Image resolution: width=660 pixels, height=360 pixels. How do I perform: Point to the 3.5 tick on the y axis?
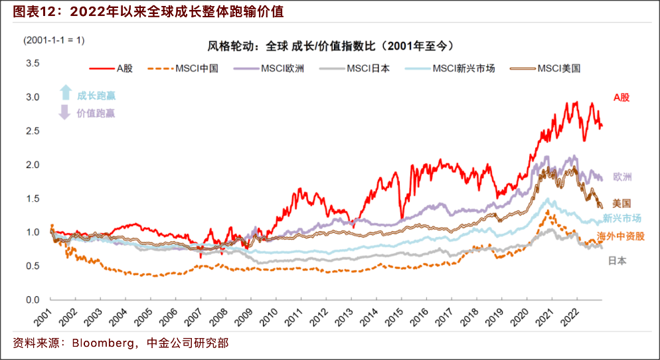coord(33,64)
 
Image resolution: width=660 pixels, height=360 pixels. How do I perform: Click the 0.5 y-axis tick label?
coord(33,266)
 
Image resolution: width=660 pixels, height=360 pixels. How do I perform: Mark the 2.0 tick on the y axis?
coord(33,165)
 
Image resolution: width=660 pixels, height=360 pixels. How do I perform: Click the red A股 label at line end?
coord(621,98)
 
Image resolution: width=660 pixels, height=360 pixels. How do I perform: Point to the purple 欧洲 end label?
coord(622,177)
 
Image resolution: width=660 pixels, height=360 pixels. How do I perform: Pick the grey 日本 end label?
coord(617,261)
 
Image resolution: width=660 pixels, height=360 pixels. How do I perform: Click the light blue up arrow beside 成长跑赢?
coord(65,92)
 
